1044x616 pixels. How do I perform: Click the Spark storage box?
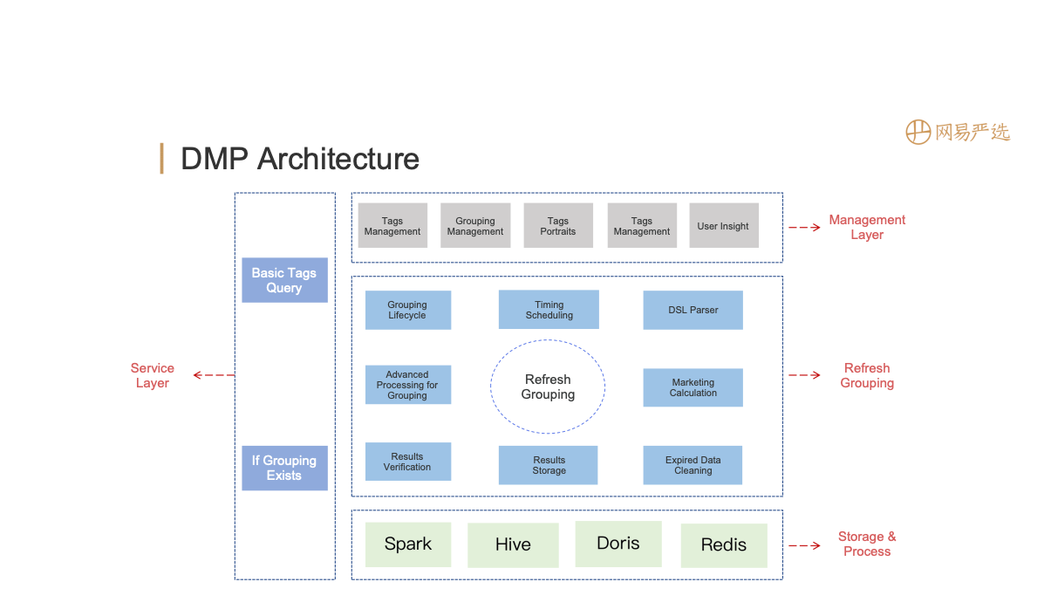pos(407,544)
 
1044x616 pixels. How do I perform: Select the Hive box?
pos(513,545)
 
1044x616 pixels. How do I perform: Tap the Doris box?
pos(618,544)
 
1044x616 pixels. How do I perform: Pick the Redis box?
pos(724,545)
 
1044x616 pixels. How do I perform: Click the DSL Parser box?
pos(693,310)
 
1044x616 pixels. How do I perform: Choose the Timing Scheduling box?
pos(549,310)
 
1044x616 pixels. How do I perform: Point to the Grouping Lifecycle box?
pos(407,310)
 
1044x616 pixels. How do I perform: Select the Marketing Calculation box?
pos(693,387)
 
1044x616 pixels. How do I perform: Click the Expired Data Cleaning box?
pos(693,465)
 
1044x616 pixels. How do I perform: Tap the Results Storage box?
pos(549,465)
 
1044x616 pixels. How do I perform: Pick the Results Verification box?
pos(407,462)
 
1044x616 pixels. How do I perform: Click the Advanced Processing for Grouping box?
pos(407,385)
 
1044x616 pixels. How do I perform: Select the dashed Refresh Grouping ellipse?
pos(548,387)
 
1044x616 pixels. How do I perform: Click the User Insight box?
pos(723,226)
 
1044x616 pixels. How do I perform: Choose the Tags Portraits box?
pos(558,226)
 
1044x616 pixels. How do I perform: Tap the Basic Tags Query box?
pos(284,280)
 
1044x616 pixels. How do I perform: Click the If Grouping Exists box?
pos(284,468)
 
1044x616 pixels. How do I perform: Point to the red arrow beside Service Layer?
pos(214,375)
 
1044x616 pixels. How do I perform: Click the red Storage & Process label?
pos(867,544)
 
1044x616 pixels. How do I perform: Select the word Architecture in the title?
pos(338,159)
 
